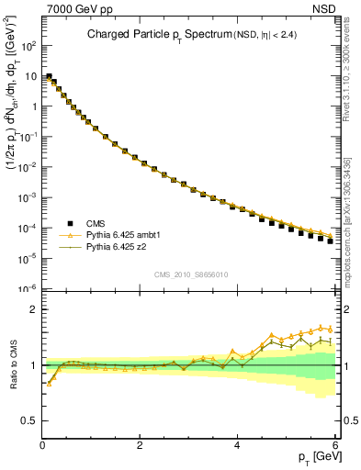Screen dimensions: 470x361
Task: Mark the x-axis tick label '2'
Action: tap(140, 446)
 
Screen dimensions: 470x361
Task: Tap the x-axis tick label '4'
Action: tap(237, 446)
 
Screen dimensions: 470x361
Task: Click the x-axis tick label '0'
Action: tap(42, 446)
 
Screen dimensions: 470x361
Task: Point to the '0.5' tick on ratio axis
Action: tap(28, 420)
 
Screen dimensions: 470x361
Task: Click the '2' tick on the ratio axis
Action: tap(33, 309)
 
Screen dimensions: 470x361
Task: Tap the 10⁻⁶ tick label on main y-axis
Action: tap(27, 288)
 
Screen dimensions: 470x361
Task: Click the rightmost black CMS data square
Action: tap(330, 241)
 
